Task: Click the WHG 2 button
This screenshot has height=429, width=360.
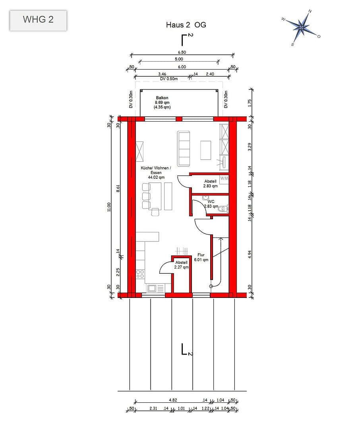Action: [38, 20]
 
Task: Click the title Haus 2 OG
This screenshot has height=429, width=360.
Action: [186, 25]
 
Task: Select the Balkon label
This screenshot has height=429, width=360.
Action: [162, 98]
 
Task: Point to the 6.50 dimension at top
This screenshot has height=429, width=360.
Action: [182, 52]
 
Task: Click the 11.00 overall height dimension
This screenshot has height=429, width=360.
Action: [109, 207]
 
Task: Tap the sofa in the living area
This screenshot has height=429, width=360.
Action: [184, 148]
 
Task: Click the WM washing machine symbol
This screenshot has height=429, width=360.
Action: [224, 178]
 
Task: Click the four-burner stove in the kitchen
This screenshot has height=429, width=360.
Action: [140, 273]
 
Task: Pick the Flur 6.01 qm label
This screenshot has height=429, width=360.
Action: [201, 257]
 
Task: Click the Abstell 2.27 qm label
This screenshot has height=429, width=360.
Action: [181, 265]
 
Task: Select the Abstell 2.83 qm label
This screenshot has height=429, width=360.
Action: [210, 184]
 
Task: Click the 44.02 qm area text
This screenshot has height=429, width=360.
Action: [156, 178]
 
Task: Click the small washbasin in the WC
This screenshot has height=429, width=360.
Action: [205, 197]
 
